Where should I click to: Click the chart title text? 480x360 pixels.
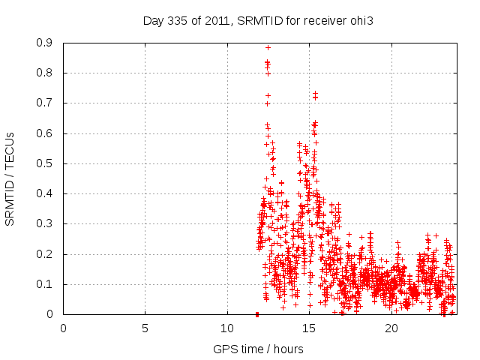tap(258, 20)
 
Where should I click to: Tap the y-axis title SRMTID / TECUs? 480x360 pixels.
tap(10, 178)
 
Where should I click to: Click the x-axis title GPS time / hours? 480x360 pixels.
tap(258, 349)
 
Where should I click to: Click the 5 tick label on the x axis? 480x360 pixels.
tap(145, 328)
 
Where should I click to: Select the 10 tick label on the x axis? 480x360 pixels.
tap(227, 328)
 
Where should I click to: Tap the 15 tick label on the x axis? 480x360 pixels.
tap(309, 328)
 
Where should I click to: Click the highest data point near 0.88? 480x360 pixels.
tap(268, 47)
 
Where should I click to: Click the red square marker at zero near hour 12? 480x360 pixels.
tap(257, 313)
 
